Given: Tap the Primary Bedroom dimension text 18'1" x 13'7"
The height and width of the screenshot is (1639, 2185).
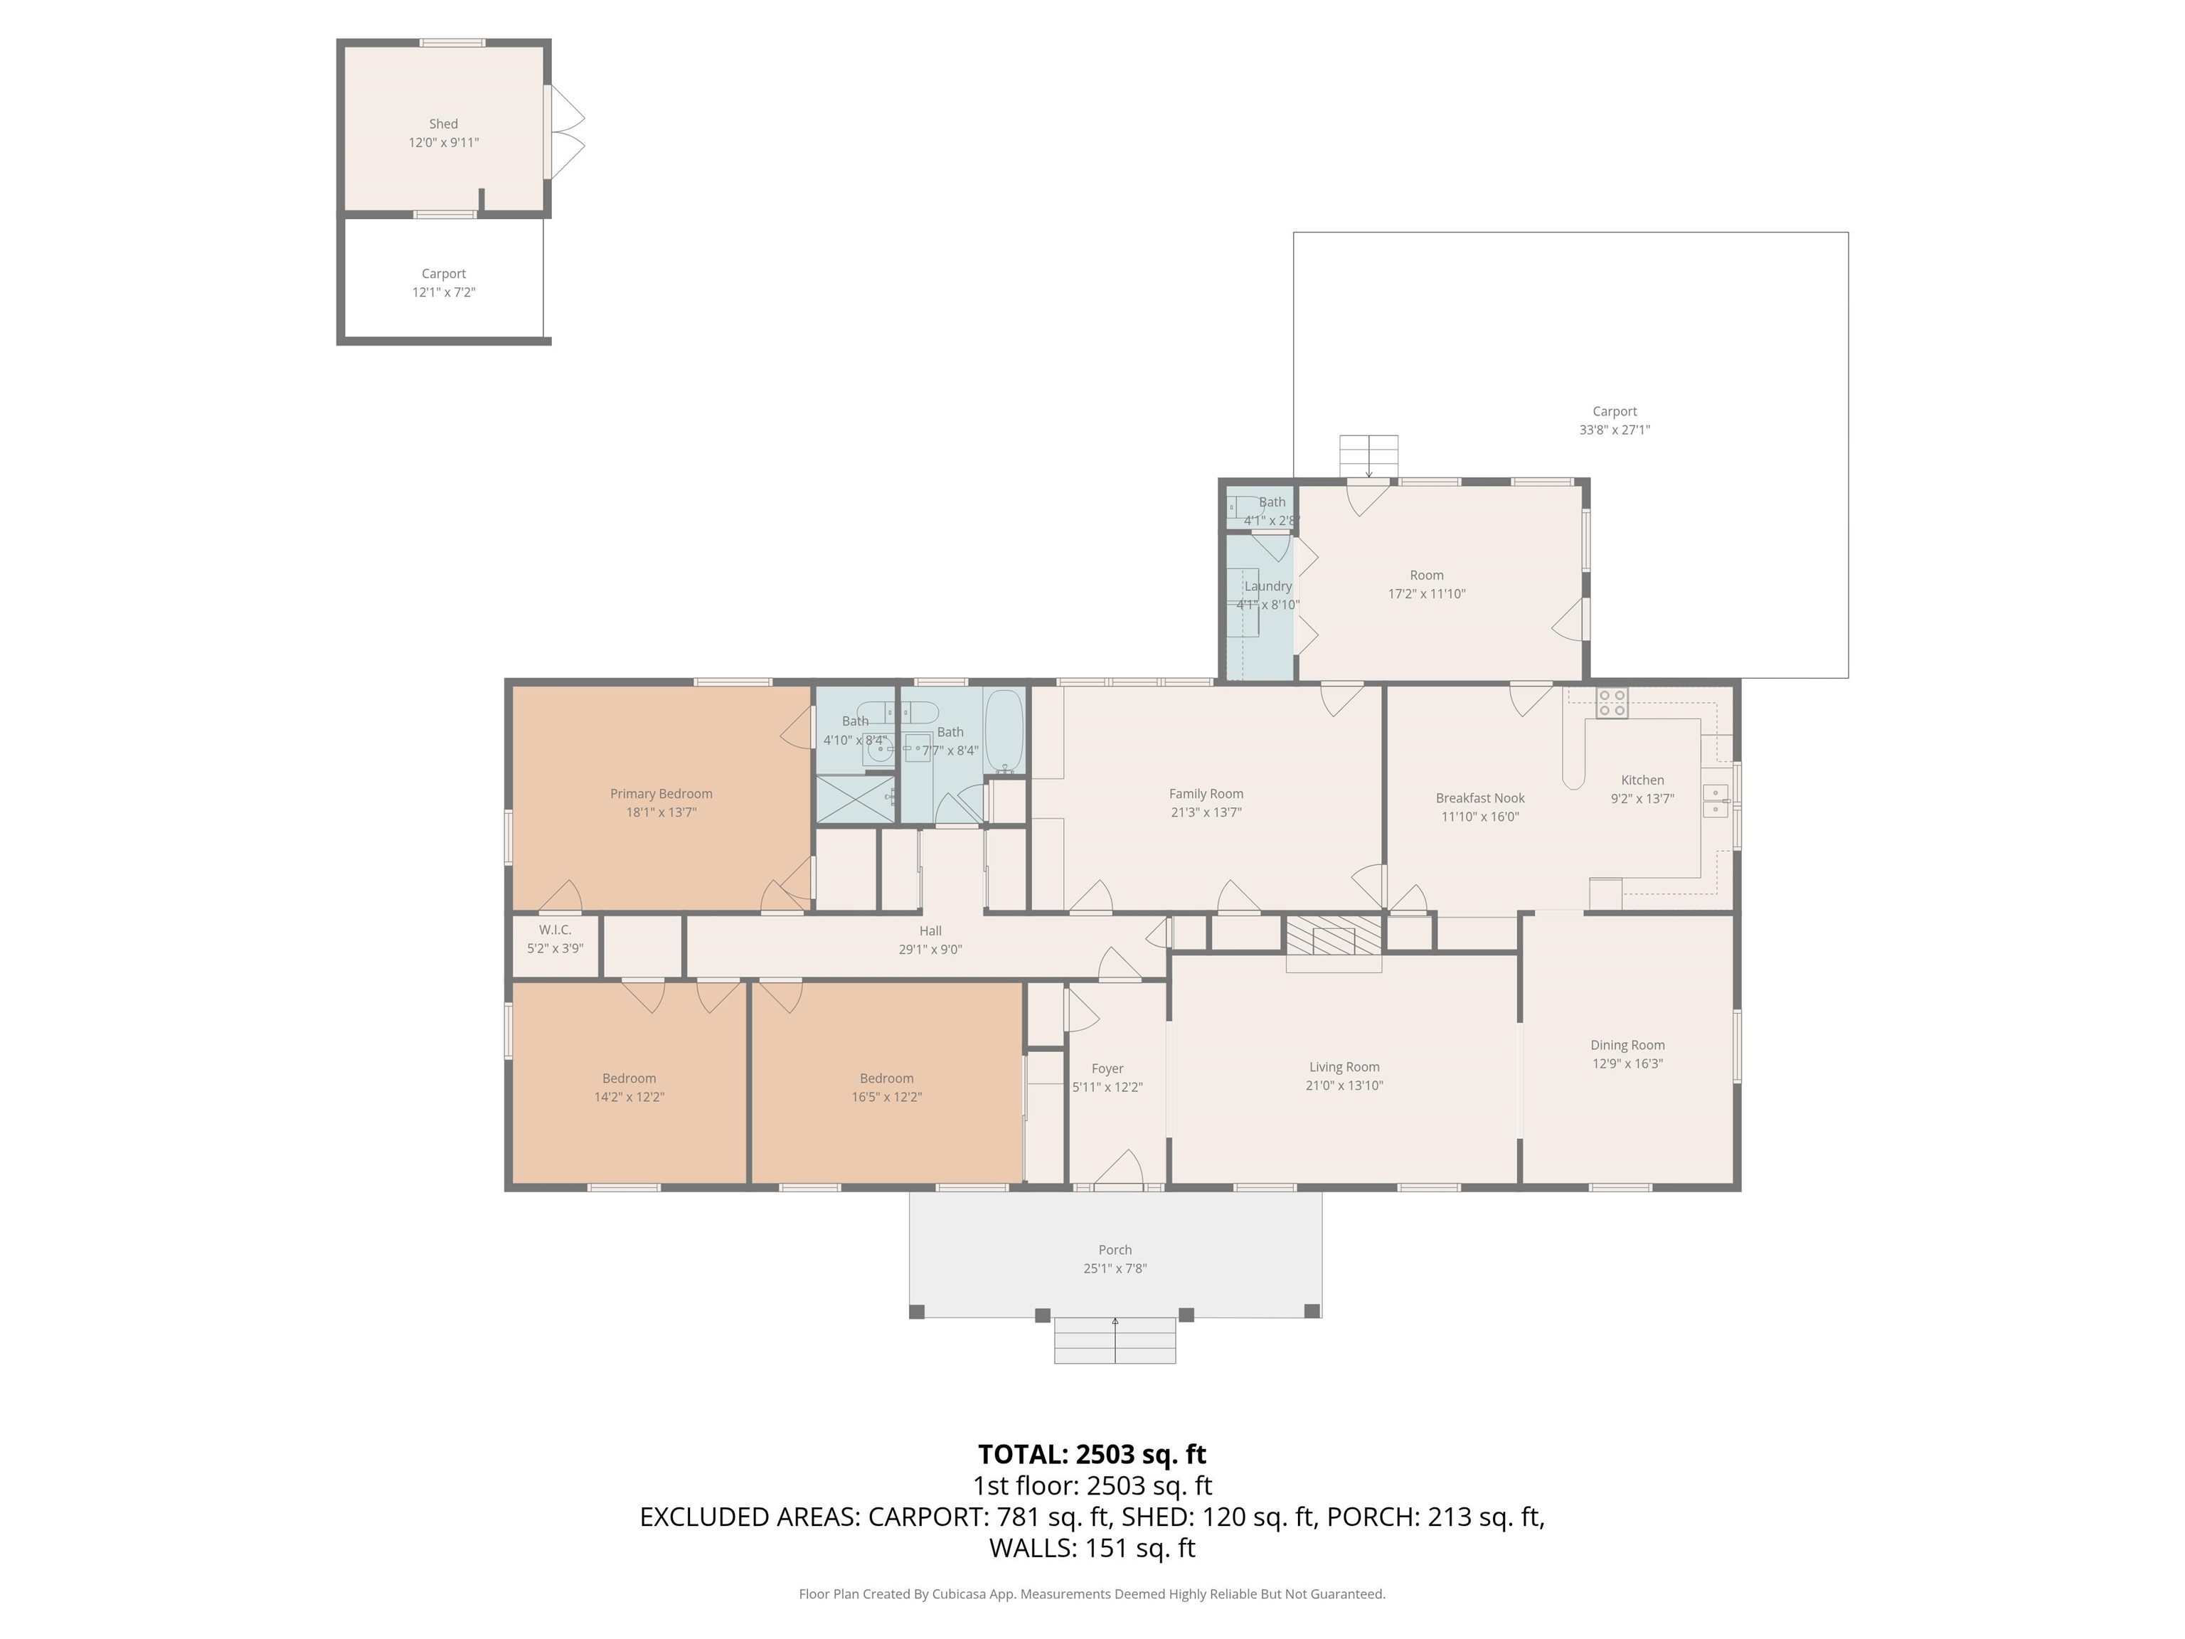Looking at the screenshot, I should [x=661, y=812].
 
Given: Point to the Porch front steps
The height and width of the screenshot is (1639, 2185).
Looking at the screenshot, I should [x=1115, y=1341].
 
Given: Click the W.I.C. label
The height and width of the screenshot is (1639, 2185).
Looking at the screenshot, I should [x=555, y=930].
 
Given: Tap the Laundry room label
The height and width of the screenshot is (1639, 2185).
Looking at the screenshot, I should [x=1267, y=586].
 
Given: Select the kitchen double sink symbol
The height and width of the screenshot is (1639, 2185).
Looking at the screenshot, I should [x=1716, y=801].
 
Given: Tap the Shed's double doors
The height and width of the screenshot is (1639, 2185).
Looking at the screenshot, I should [x=567, y=132].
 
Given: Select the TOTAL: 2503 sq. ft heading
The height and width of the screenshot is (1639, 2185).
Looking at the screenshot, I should [x=1092, y=1454].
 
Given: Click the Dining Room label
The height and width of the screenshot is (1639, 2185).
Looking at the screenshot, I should [x=1627, y=1044].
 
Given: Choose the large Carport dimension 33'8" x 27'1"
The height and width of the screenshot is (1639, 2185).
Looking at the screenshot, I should [x=1614, y=430].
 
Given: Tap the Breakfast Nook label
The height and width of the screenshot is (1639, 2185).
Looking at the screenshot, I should [x=1479, y=797].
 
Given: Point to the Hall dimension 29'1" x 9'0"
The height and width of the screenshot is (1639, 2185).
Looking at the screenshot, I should [x=930, y=950].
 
